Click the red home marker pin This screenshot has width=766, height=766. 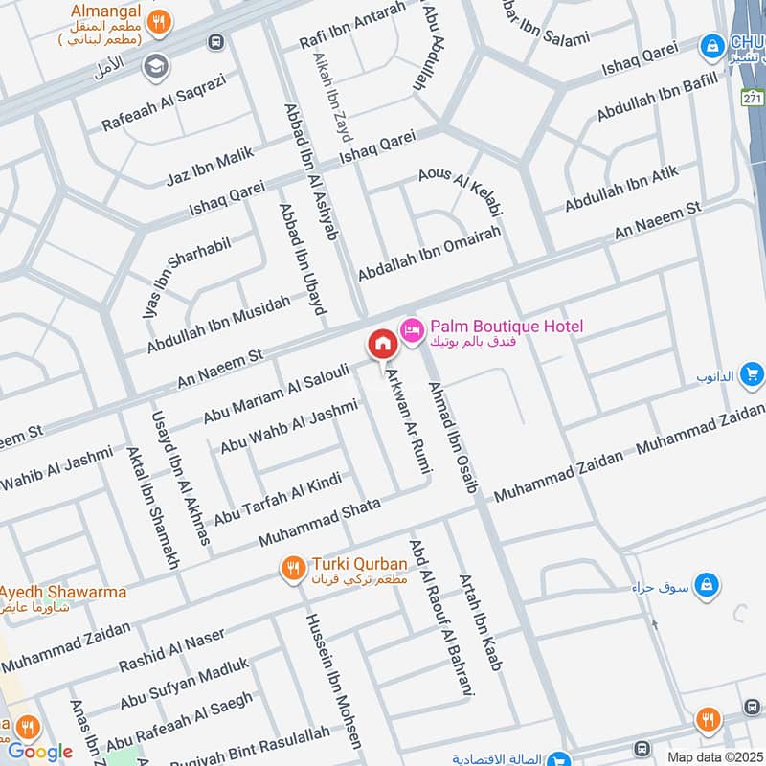click(382, 344)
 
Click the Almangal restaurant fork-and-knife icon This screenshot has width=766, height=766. click(164, 18)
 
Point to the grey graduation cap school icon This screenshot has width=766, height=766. click(152, 66)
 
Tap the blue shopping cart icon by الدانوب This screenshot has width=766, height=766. click(752, 373)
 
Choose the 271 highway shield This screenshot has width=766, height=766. click(754, 98)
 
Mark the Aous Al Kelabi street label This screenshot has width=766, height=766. click(461, 188)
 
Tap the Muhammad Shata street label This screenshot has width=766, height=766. click(319, 522)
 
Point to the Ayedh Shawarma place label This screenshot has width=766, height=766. click(63, 592)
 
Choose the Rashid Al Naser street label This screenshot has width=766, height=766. click(171, 650)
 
